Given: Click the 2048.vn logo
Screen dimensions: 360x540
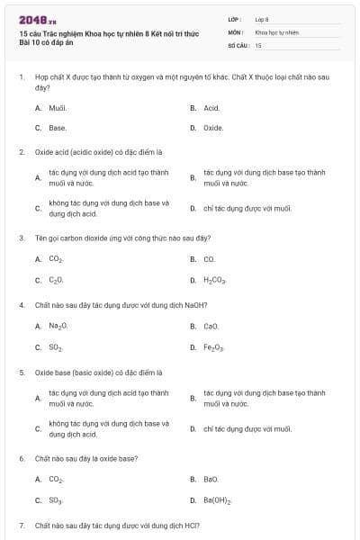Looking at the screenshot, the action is (31, 20).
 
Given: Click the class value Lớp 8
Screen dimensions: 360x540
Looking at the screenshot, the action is (262, 19).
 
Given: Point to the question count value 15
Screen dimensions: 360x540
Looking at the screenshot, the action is (258, 44).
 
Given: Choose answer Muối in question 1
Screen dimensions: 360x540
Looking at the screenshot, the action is (58, 107).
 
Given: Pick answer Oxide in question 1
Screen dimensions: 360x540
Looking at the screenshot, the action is (213, 128).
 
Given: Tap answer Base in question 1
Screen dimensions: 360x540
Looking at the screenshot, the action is (58, 128).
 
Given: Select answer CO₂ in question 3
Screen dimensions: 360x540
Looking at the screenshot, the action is (56, 259).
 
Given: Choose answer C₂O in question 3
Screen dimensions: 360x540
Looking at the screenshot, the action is (56, 281).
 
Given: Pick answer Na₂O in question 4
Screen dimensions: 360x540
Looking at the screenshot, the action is (58, 326).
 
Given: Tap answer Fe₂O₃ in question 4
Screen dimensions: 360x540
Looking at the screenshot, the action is (214, 347).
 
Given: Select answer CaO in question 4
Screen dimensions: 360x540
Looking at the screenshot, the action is (211, 326).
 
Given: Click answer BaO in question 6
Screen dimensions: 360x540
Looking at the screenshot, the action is (211, 479).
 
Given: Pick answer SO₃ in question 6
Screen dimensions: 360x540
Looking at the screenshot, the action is (56, 500).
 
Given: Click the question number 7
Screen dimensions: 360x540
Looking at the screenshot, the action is (21, 525).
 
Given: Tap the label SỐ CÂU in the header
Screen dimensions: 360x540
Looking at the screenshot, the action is (236, 44).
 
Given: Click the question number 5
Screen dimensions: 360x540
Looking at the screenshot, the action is (21, 372).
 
